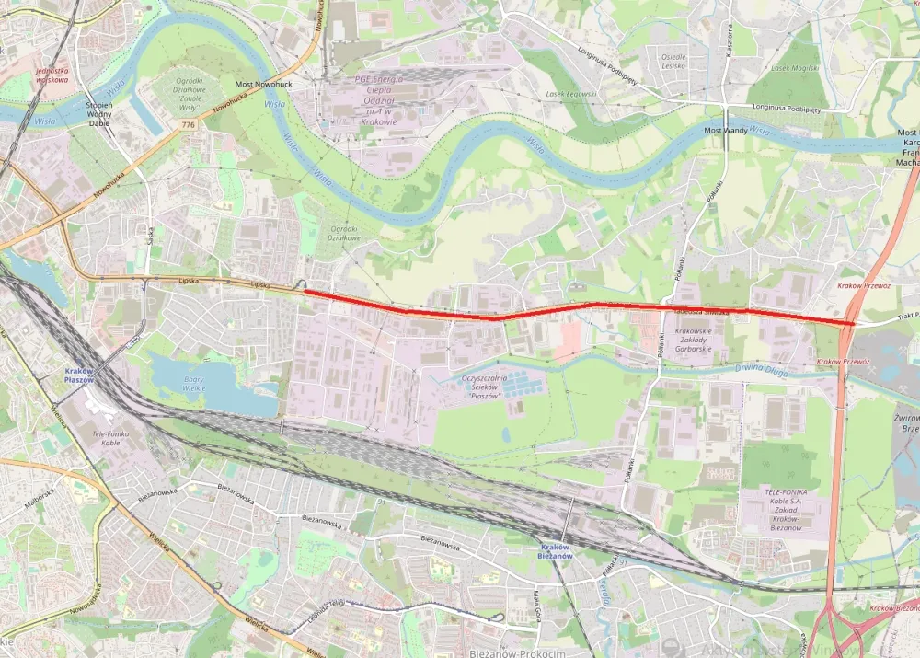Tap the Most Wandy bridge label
click(x=726, y=131)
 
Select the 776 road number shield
click(x=189, y=124)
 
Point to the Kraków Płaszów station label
click(x=80, y=375)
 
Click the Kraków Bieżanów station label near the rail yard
click(x=556, y=551)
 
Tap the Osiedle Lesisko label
click(x=673, y=62)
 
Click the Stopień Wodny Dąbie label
click(x=98, y=112)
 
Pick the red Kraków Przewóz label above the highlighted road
click(x=864, y=285)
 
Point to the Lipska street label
click(x=262, y=284)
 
